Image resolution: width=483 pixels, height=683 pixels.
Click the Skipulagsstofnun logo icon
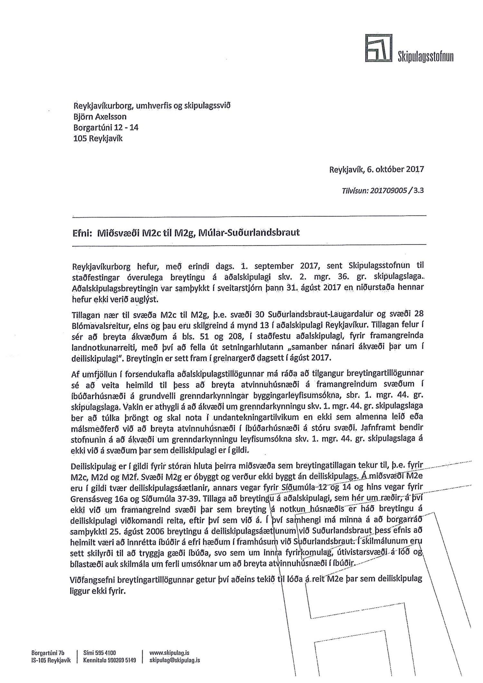379,48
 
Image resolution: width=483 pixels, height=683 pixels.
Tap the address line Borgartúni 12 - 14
106,127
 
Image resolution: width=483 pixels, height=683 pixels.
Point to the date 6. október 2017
395,169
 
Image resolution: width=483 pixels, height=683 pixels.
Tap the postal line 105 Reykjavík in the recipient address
98,139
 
